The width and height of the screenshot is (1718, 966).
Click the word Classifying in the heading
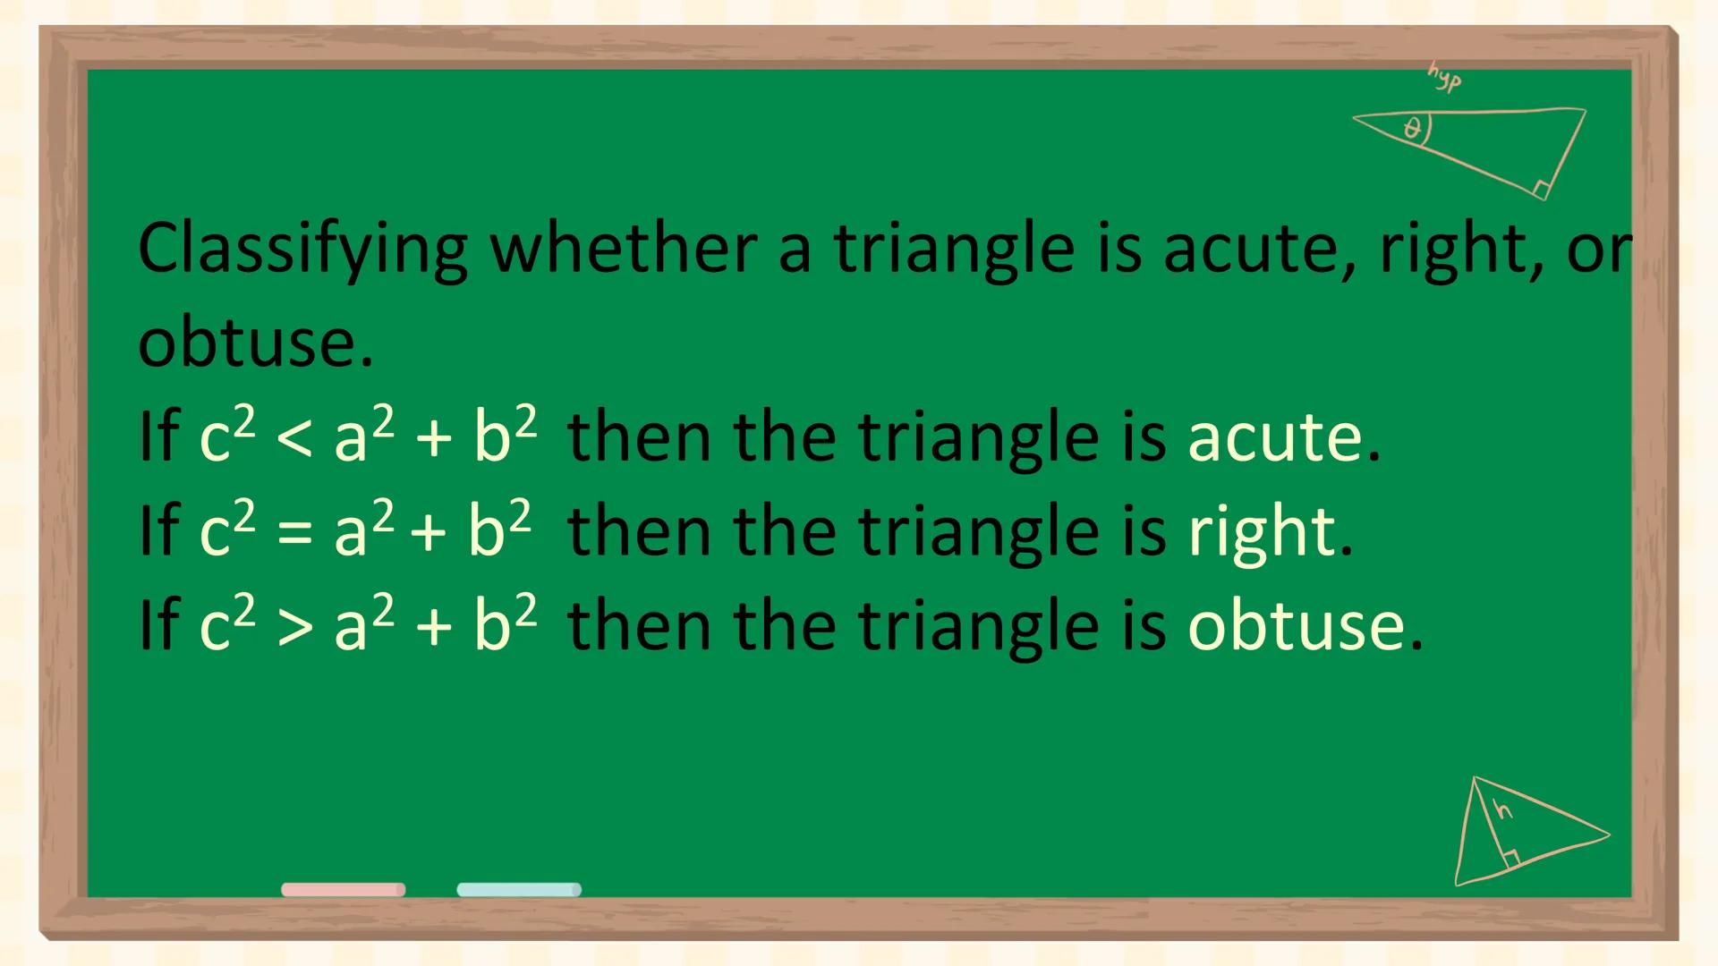tap(302, 250)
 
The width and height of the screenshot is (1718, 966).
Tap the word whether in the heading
tap(624, 248)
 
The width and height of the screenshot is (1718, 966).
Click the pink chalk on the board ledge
tap(343, 889)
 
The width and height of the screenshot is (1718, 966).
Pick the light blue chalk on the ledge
tap(519, 889)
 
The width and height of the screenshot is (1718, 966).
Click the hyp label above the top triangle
tap(1443, 78)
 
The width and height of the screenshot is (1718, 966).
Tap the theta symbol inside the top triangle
tap(1413, 129)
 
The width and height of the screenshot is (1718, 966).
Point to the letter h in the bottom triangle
tap(1504, 810)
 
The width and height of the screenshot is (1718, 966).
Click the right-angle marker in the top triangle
tap(1541, 189)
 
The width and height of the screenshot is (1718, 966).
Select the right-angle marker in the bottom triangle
tap(1510, 860)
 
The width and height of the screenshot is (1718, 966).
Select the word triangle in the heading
tap(954, 250)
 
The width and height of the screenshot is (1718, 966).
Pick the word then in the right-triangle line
tap(638, 533)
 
